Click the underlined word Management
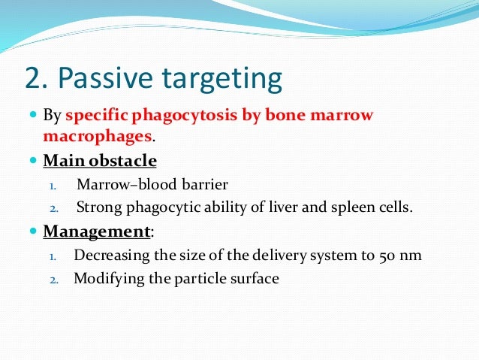(x=96, y=231)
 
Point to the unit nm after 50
(x=409, y=256)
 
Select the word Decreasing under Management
(x=110, y=256)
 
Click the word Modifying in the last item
(x=105, y=279)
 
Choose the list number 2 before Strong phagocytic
(x=53, y=209)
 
